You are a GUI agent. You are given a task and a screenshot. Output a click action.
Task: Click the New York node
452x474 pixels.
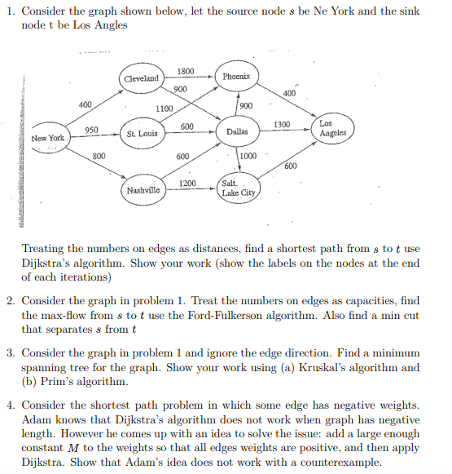coord(47,138)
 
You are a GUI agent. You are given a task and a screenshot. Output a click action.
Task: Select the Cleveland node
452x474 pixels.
coord(142,78)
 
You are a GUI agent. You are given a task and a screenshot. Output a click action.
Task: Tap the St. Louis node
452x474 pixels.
coord(142,132)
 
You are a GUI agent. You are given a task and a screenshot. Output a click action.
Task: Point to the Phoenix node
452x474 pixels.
coord(240,76)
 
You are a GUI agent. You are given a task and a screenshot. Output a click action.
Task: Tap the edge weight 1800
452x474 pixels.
coord(186,71)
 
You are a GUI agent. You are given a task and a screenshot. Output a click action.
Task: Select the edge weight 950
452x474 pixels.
coord(92,131)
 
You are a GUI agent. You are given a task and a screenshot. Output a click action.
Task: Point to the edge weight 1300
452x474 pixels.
coord(282,123)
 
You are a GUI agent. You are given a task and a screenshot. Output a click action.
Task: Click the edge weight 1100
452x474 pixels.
coord(163,109)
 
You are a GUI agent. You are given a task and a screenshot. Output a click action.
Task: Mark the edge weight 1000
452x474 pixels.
coord(248,156)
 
